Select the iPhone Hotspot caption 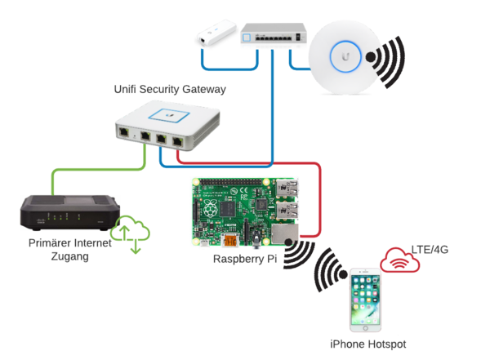click(367, 344)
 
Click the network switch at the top click(273, 33)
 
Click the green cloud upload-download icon click(131, 233)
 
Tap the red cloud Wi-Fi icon click(399, 260)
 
